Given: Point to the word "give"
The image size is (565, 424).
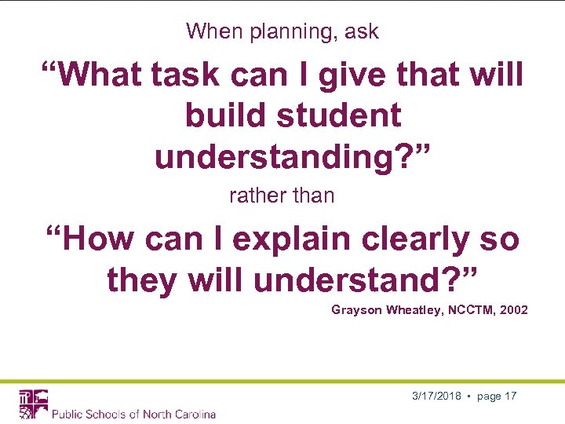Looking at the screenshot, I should [340, 75].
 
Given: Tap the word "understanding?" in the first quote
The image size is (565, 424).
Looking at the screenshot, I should [293, 157].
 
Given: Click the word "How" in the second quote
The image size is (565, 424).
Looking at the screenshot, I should [98, 239].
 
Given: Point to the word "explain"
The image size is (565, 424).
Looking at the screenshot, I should [298, 239].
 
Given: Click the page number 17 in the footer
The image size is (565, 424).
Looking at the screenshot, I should [510, 397].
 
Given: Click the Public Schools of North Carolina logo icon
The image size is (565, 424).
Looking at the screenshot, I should [34, 404].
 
